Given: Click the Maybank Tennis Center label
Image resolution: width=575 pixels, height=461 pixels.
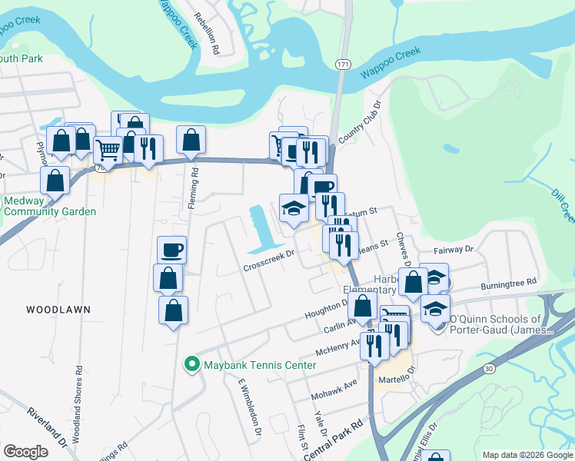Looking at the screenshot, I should pyautogui.click(x=259, y=364).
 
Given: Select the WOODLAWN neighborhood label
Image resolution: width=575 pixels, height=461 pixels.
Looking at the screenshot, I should pyautogui.click(x=58, y=309).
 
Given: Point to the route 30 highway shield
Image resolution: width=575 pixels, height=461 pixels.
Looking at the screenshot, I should pyautogui.click(x=489, y=369).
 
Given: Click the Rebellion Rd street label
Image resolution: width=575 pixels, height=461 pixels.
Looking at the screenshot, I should pyautogui.click(x=208, y=31).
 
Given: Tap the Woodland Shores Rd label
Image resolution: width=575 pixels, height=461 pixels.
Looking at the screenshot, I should pyautogui.click(x=78, y=404).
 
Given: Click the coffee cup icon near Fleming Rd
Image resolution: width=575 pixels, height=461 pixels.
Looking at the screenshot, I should pyautogui.click(x=171, y=250).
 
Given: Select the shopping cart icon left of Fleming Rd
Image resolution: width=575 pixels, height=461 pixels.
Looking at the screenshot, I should pyautogui.click(x=108, y=150).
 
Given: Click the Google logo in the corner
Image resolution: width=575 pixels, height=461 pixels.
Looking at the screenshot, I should pyautogui.click(x=25, y=452).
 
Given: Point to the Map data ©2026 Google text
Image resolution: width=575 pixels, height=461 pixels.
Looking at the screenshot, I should pyautogui.click(x=527, y=455).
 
